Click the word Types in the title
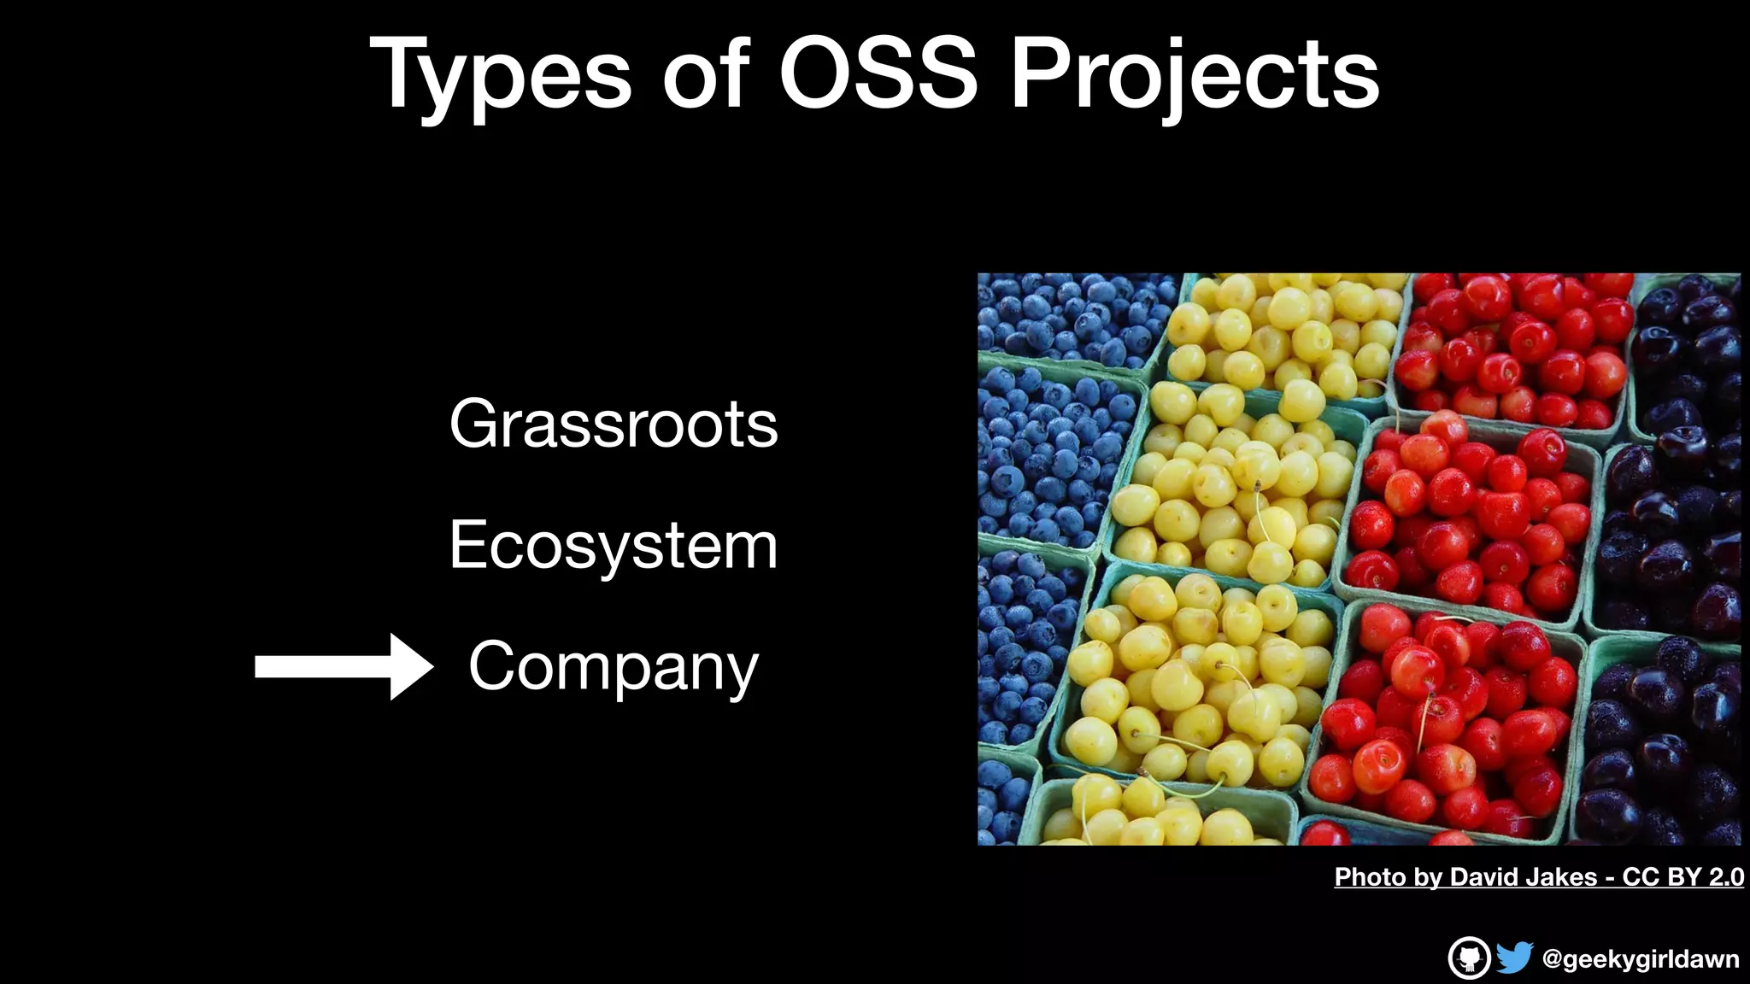500,75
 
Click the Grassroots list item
614,424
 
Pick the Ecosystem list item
614,545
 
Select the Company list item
614,667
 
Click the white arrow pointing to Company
342,667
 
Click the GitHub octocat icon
1469,958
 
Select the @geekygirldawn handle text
1641,959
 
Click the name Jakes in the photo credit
1562,877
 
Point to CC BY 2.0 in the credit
1682,877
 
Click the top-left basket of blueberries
1068,316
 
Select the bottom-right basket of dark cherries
1662,743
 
